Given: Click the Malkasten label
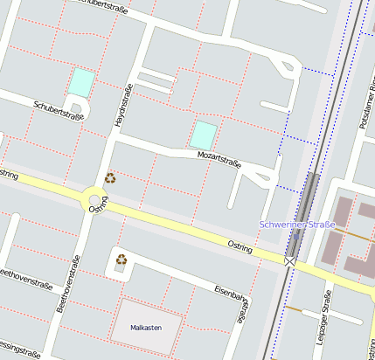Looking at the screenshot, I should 146,328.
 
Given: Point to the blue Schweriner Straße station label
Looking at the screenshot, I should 297,225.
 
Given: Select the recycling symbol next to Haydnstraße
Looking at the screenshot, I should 110,177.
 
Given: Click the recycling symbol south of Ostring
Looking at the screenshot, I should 122,259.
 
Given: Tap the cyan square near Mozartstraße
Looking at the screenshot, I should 203,135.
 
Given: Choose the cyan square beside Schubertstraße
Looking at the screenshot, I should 80,83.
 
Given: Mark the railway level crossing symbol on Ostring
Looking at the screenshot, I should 289,260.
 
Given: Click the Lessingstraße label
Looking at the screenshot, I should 19,350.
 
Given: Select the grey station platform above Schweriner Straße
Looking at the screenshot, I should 309,194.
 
